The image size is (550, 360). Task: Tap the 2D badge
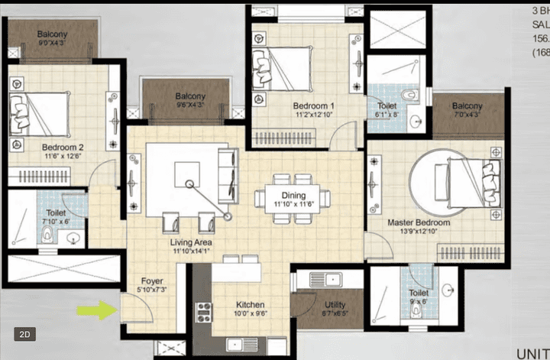25,334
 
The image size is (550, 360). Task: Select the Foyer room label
151,281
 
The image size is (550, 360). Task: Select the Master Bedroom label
417,222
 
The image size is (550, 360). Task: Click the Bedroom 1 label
313,106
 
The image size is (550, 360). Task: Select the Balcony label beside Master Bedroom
467,105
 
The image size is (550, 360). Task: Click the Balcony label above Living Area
190,96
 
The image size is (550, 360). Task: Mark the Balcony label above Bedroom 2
52,34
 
